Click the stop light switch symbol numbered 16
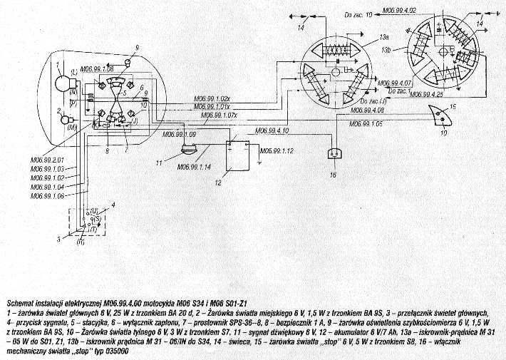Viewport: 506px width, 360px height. click(x=332, y=153)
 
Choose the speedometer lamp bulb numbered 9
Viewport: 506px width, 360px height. click(x=128, y=63)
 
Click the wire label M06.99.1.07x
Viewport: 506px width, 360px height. click(x=222, y=115)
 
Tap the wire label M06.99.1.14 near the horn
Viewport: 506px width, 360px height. click(x=194, y=168)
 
